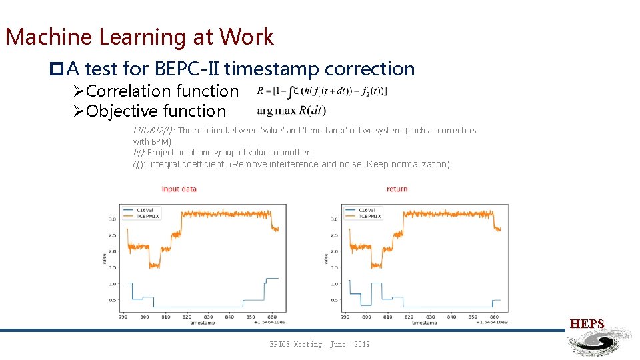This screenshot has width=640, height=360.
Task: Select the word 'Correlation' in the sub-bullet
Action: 129,91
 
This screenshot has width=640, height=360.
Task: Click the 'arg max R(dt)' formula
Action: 291,110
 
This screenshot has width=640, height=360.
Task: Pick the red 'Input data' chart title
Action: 179,189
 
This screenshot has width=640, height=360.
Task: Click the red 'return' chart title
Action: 397,189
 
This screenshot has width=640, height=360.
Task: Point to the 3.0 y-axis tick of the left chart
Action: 113,219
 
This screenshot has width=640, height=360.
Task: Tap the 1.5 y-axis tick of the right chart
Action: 333,267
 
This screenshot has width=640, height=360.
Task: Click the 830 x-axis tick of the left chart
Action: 209,317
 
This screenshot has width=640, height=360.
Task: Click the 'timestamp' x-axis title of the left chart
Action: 202,323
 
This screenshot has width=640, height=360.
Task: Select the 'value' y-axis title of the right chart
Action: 326,258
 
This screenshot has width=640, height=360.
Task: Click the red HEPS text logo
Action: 587,325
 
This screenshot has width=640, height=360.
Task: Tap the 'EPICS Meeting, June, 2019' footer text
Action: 319,344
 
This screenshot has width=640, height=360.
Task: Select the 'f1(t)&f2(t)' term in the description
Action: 153,131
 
